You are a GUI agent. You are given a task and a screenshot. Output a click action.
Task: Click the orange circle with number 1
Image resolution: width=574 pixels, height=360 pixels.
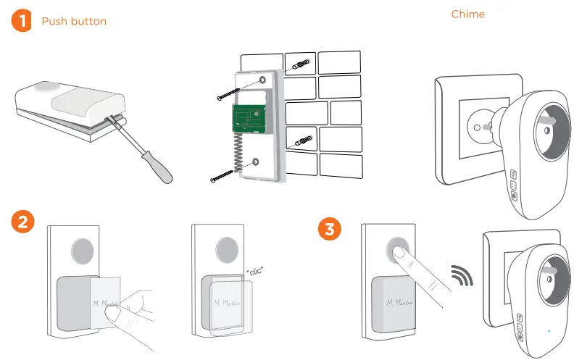point(22,21)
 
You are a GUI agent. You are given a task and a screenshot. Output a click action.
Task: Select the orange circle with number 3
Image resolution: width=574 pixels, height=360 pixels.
point(330,230)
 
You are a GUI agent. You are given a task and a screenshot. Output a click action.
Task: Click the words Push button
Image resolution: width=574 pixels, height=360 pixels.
point(74,21)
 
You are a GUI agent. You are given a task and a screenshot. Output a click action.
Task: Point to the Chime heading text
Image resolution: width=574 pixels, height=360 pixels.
point(467,14)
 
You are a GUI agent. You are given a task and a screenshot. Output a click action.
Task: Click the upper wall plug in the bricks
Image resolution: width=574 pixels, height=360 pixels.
point(302,65)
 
